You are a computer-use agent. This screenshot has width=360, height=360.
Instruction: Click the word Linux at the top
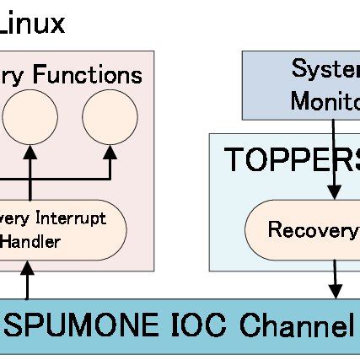pyautogui.click(x=32, y=23)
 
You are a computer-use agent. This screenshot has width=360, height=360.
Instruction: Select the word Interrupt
pyautogui.click(x=73, y=218)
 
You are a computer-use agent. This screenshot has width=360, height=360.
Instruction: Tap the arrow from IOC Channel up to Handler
pyautogui.click(x=29, y=279)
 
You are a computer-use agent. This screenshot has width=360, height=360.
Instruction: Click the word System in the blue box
pyautogui.click(x=325, y=70)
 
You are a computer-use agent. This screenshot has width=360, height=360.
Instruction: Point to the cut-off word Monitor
pyautogui.click(x=325, y=100)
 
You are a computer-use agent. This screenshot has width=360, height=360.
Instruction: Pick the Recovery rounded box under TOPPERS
pyautogui.click(x=304, y=229)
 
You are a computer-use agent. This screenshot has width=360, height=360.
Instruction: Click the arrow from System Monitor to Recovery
pyautogui.click(x=335, y=160)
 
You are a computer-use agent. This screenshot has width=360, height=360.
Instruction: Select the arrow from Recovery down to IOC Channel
pyautogui.click(x=336, y=277)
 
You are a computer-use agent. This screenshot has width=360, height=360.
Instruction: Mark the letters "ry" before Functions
pyautogui.click(x=14, y=77)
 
